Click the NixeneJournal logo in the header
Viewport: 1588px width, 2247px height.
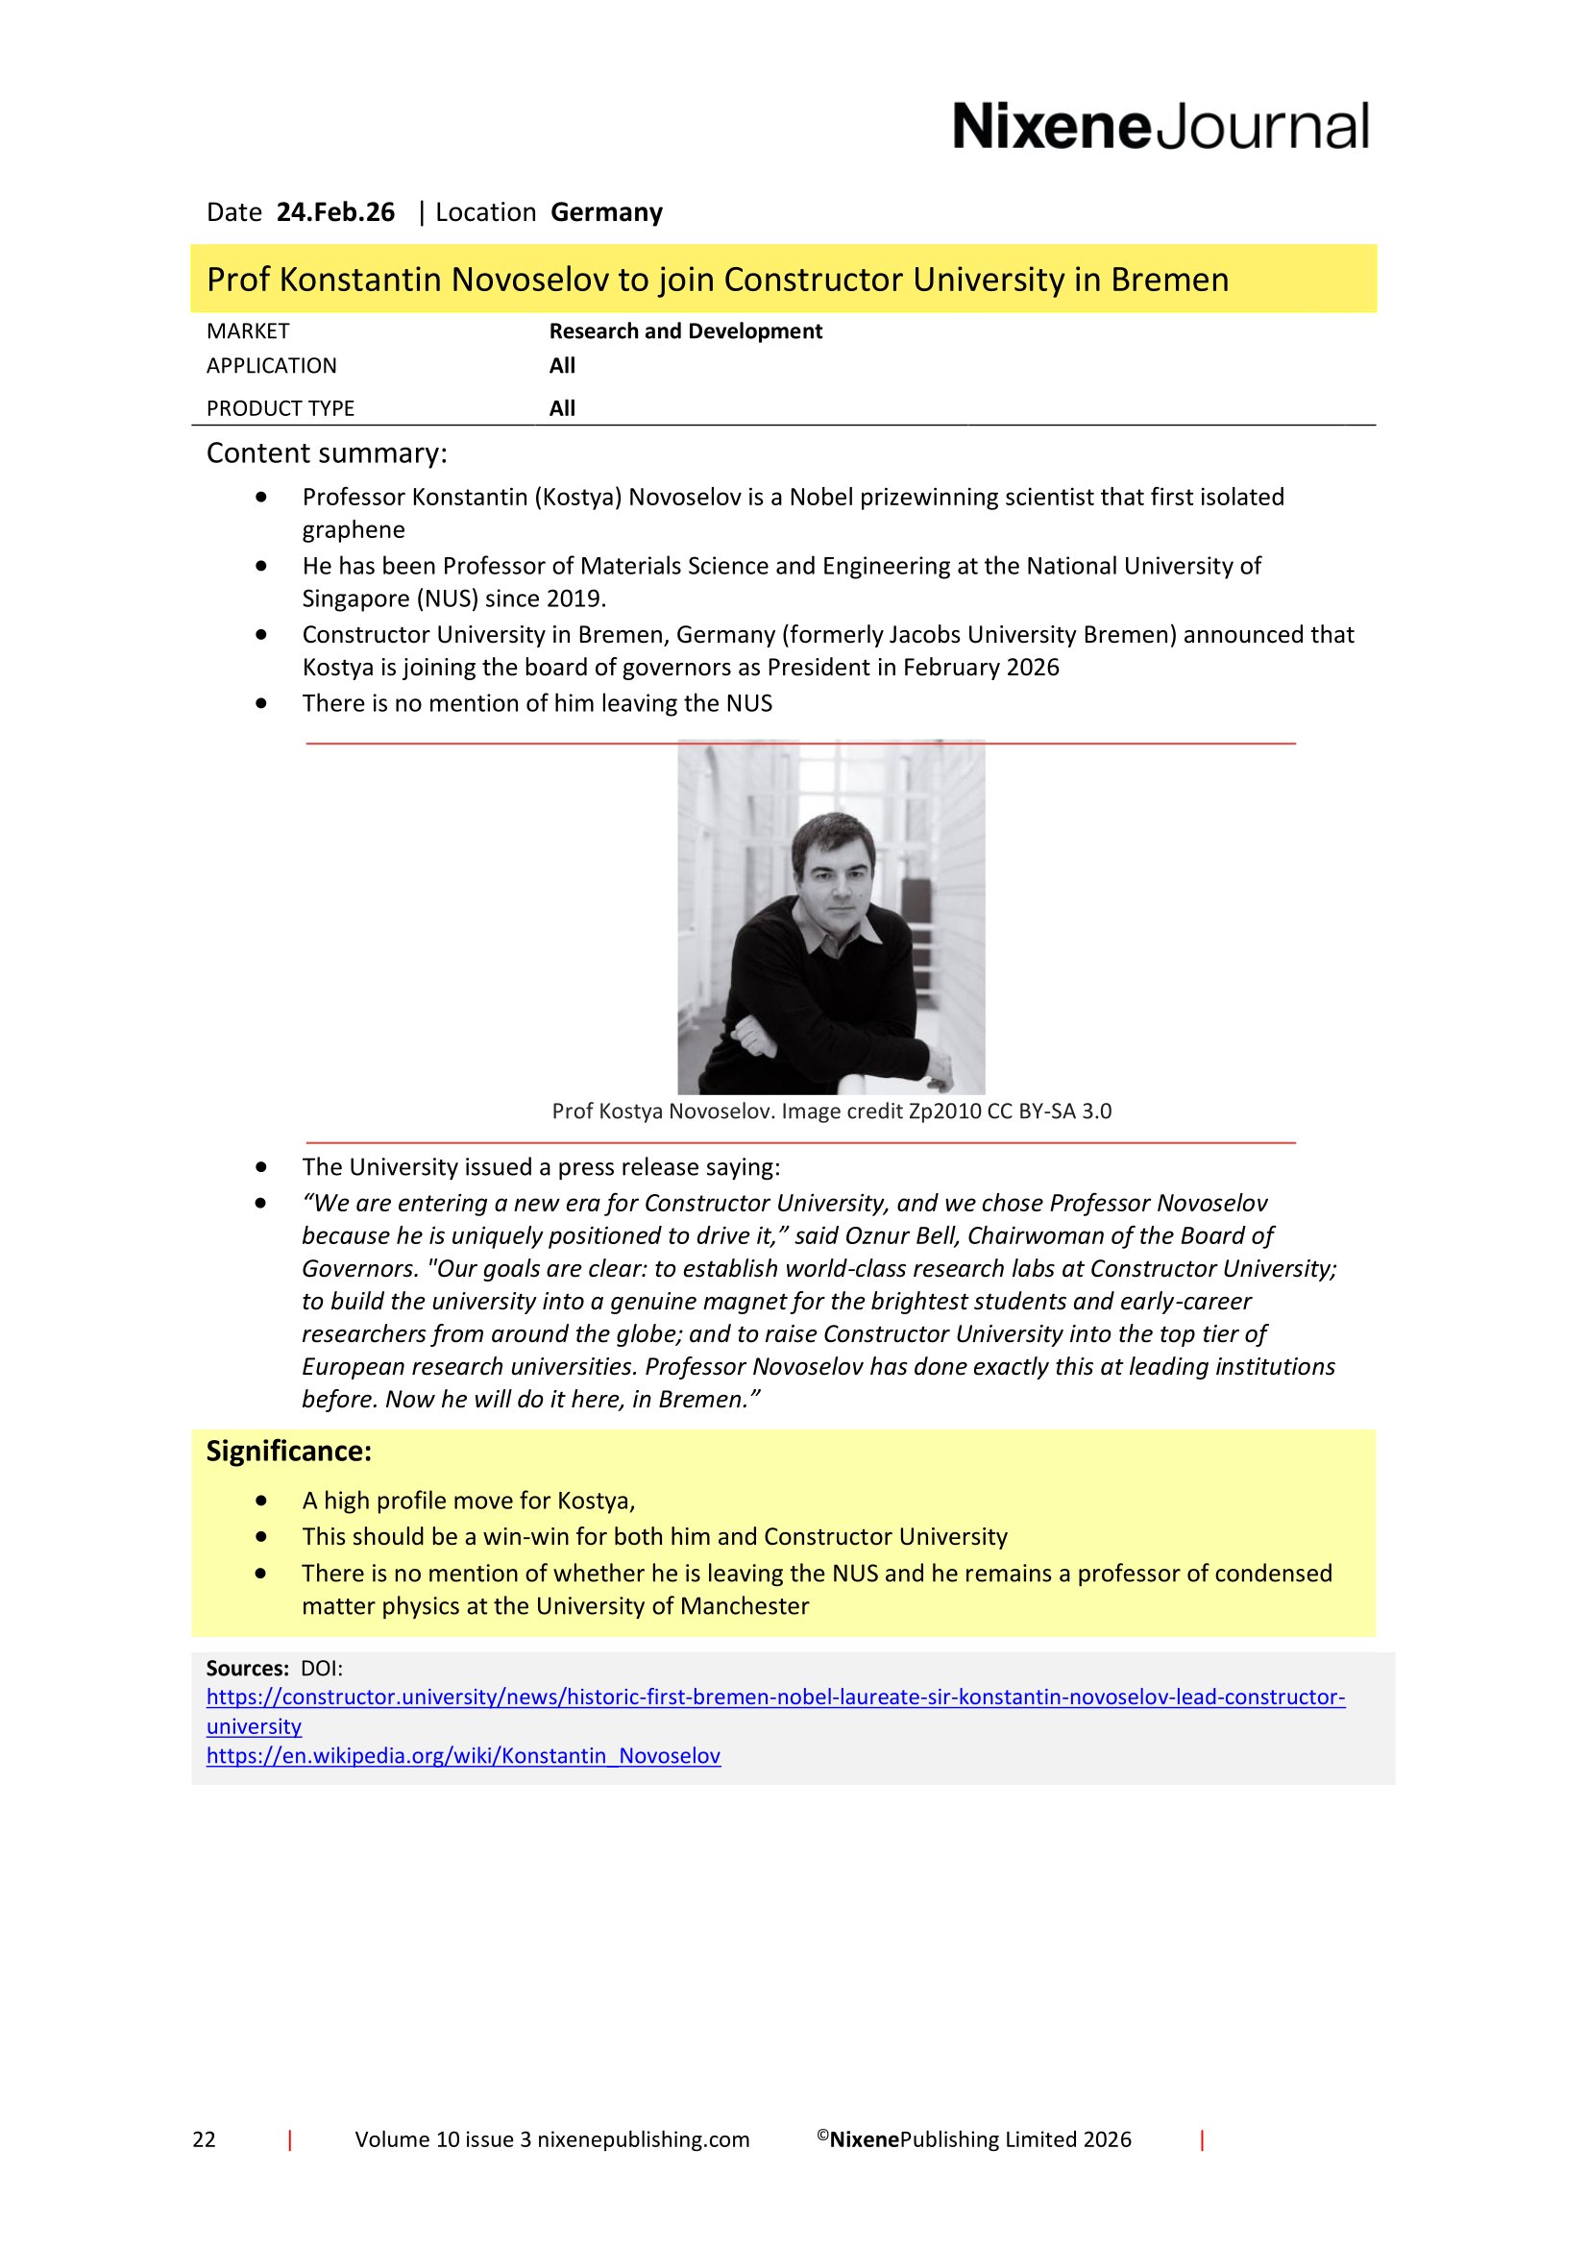click(1160, 127)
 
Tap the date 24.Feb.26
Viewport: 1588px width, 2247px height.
click(335, 212)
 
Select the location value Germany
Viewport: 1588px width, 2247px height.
click(606, 212)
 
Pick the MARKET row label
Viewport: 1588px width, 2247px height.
click(248, 330)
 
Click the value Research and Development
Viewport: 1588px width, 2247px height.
click(685, 330)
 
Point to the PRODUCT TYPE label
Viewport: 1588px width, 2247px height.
click(280, 408)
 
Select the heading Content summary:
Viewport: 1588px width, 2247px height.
click(326, 453)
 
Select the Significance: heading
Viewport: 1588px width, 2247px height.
click(288, 1451)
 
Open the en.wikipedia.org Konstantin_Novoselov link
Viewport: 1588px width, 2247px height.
click(463, 1756)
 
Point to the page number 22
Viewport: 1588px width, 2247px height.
click(204, 2139)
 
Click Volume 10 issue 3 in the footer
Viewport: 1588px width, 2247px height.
click(442, 2139)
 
